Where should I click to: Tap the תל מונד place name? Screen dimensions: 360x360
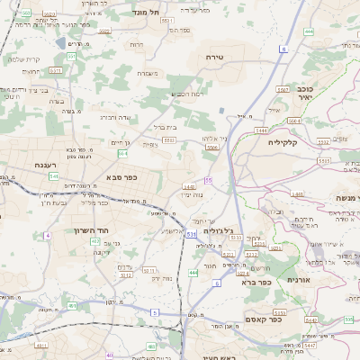147,13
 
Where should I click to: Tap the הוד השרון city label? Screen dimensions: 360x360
91,230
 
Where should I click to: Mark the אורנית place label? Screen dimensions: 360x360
298,280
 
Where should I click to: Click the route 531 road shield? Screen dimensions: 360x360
193,234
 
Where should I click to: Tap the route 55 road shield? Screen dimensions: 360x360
208,180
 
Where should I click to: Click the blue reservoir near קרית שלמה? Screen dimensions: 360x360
72,42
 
